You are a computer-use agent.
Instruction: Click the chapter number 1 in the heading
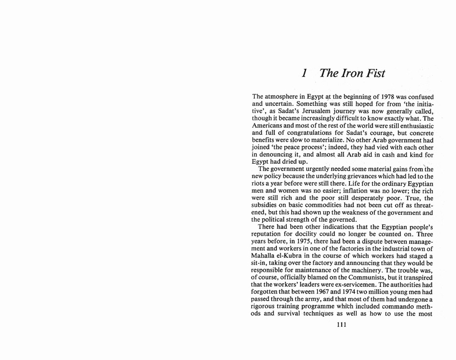click(x=304, y=73)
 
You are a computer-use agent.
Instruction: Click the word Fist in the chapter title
click(x=373, y=73)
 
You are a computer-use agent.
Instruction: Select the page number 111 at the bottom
click(x=341, y=325)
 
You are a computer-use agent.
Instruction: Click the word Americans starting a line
click(x=267, y=126)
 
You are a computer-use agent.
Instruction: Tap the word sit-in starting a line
click(x=261, y=263)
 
